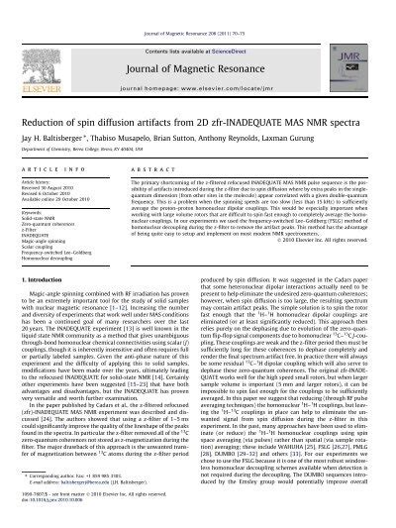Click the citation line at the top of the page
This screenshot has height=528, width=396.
pos(197,5)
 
